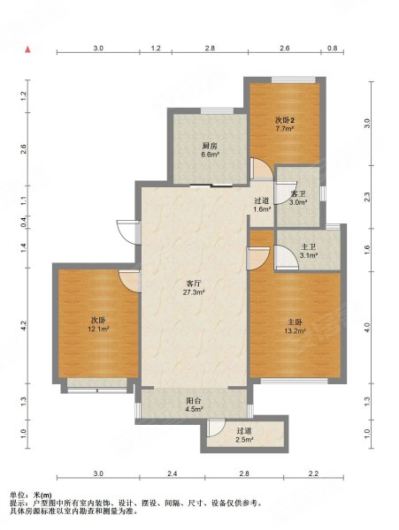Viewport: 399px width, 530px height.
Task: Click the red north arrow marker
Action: click(x=28, y=49)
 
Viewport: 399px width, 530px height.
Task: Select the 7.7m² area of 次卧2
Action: click(x=284, y=128)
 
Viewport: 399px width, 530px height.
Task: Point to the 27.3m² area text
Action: click(x=194, y=292)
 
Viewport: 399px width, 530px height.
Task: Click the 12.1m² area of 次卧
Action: click(x=98, y=329)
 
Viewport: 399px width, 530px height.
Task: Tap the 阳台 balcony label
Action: click(x=194, y=401)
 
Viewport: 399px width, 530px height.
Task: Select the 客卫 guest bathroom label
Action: click(x=298, y=194)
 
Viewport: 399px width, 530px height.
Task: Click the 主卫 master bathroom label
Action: click(x=308, y=247)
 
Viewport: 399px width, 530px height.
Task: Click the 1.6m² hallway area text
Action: click(x=262, y=209)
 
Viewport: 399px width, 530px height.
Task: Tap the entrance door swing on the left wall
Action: click(x=127, y=231)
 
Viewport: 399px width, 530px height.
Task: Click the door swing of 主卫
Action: click(x=286, y=258)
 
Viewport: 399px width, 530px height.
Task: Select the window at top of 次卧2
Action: click(x=294, y=79)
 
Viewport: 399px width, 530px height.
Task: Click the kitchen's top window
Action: click(x=217, y=110)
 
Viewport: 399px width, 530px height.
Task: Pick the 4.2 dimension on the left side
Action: click(x=23, y=325)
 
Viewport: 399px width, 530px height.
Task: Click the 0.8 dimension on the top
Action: click(x=333, y=48)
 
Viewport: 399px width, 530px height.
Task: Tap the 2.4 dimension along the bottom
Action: click(x=172, y=473)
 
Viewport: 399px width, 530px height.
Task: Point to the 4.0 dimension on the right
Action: click(x=367, y=327)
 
